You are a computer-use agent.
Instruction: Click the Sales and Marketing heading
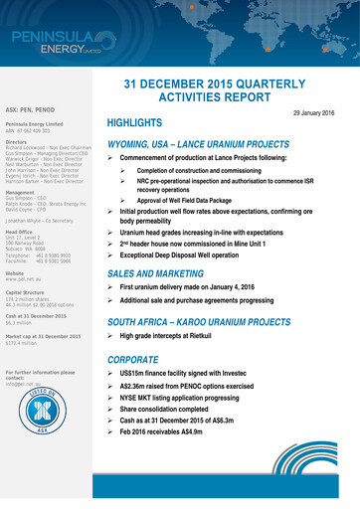(157, 271)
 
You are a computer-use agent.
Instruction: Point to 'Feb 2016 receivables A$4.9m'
(168, 460)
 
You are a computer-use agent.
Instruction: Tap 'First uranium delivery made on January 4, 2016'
(206, 286)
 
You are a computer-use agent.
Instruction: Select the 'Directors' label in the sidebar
(20, 143)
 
